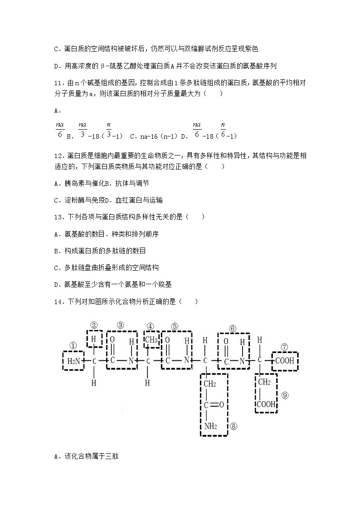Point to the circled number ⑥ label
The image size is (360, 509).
pos(233,328)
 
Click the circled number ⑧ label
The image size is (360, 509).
pos(234,426)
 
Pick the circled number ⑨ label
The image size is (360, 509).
pos(285,395)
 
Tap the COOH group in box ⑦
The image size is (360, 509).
pos(284,361)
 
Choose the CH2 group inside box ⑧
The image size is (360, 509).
pos(209,384)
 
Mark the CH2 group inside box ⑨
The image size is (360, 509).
pos(264,382)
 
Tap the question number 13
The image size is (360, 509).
pos(58,217)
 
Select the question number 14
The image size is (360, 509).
pos(58,301)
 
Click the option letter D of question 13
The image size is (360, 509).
pos(56,284)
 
